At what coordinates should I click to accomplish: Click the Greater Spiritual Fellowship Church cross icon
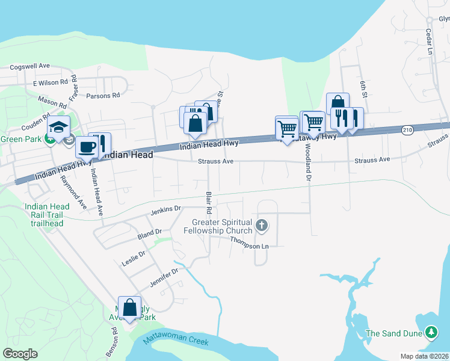pyautogui.click(x=261, y=226)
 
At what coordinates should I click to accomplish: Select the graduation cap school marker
pyautogui.click(x=59, y=128)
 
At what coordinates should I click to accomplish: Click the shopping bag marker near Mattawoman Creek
pyautogui.click(x=129, y=308)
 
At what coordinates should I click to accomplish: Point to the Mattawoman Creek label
pyautogui.click(x=176, y=341)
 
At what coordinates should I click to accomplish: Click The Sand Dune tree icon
pyautogui.click(x=431, y=332)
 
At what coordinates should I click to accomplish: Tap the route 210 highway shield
pyautogui.click(x=408, y=130)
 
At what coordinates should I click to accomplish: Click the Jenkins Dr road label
pyautogui.click(x=165, y=210)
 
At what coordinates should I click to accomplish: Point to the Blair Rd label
pyautogui.click(x=208, y=203)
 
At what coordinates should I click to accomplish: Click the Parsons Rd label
pyautogui.click(x=103, y=95)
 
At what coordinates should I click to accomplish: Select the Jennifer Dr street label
pyautogui.click(x=164, y=276)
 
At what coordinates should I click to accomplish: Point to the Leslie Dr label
pyautogui.click(x=134, y=258)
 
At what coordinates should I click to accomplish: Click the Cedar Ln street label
pyautogui.click(x=429, y=42)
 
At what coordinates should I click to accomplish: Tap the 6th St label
pyautogui.click(x=363, y=88)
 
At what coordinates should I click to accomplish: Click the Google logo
pyautogui.click(x=20, y=354)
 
